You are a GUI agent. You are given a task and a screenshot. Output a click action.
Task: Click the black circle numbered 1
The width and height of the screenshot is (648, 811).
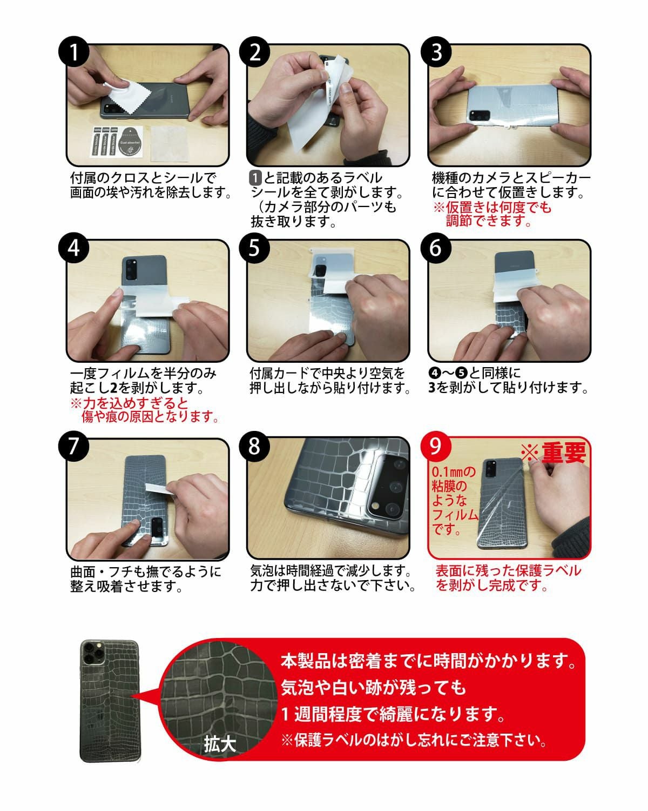(74, 51)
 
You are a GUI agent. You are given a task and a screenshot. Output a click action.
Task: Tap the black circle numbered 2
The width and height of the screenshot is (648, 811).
(254, 51)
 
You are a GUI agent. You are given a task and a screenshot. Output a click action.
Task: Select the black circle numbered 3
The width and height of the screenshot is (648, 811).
(436, 51)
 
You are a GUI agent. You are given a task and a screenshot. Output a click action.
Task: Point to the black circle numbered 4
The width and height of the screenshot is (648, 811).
(74, 248)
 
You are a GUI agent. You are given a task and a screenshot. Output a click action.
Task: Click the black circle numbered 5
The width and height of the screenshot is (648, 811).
(254, 248)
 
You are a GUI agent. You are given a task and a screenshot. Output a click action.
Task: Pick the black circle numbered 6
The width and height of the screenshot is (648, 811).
(436, 248)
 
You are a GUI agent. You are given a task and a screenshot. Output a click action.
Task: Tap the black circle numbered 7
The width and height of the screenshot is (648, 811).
(74, 446)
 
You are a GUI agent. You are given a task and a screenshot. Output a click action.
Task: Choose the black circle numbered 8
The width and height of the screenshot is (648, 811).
(254, 446)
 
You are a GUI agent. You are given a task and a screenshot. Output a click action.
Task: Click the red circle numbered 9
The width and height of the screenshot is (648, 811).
(436, 446)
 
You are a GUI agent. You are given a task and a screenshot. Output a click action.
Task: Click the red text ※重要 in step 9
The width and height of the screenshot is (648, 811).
(553, 452)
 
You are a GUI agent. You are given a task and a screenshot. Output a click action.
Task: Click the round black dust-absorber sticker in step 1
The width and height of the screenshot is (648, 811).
(130, 141)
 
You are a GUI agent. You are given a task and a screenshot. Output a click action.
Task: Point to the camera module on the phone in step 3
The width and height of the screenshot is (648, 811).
(479, 115)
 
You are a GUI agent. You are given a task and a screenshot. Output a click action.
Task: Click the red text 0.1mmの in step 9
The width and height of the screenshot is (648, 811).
(454, 472)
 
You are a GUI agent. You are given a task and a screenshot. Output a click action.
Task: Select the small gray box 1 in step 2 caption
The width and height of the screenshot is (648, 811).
(255, 178)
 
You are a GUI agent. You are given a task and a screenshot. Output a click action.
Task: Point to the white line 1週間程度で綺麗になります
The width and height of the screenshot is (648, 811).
(393, 714)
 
